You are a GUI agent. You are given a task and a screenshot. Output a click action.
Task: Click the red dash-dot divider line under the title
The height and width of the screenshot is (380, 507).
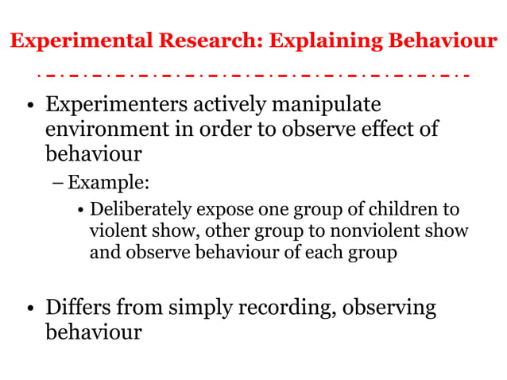point(253,75)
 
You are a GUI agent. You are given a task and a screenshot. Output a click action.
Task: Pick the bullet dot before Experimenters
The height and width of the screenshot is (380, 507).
point(29,106)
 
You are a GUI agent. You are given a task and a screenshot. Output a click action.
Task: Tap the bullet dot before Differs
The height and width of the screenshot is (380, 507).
point(29,308)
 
